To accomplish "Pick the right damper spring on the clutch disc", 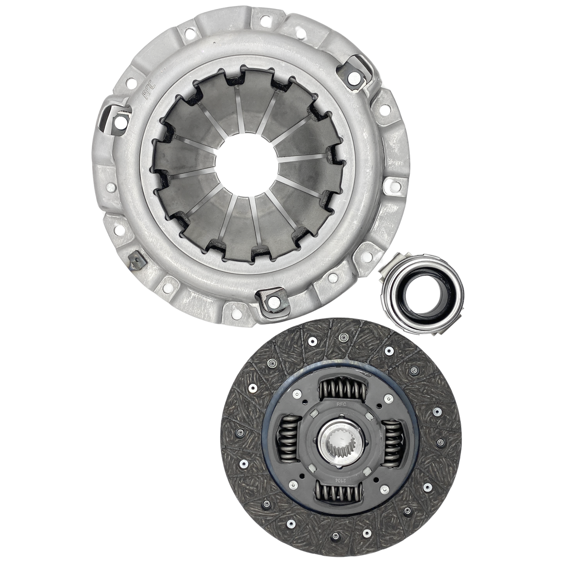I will point(392,444).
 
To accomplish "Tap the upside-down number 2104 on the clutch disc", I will point(340,480).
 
